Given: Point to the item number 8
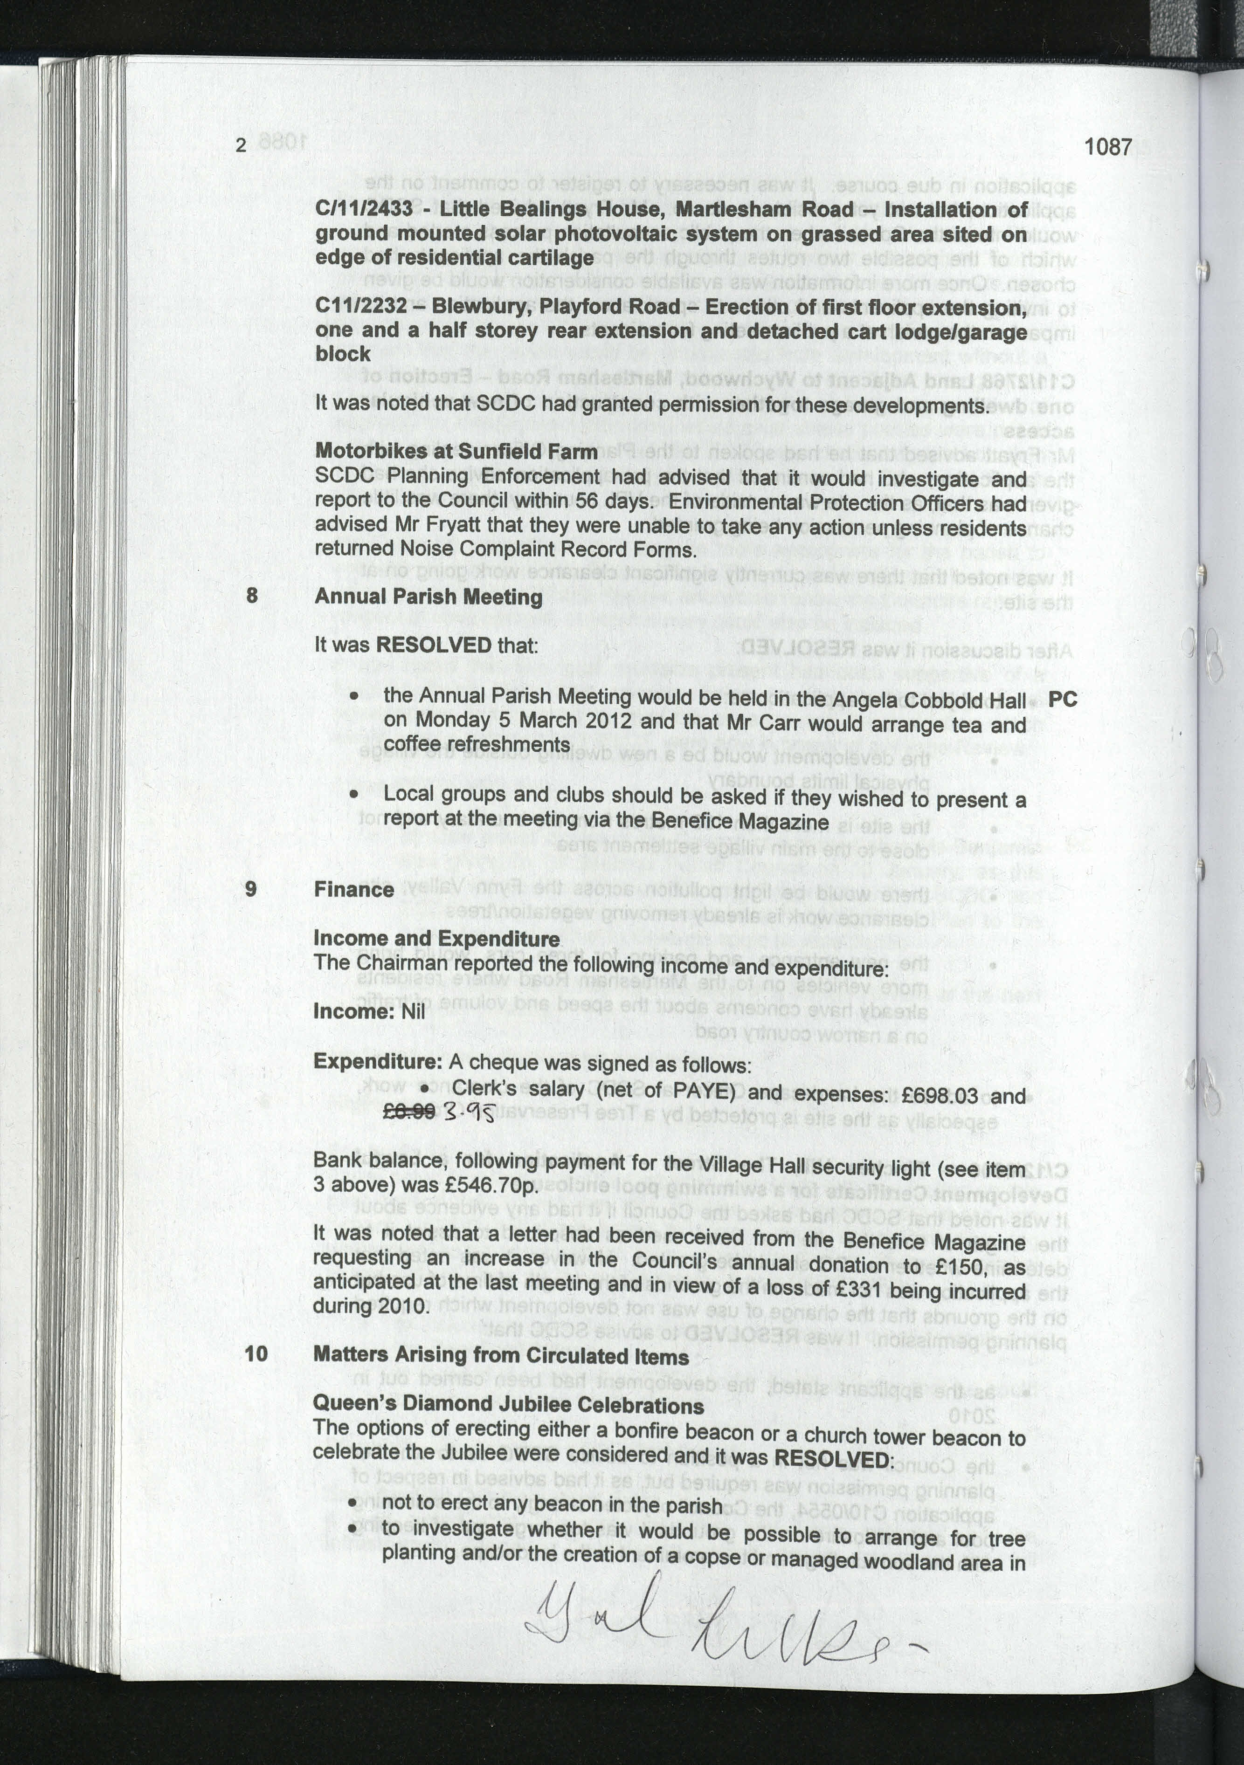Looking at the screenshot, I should (x=251, y=595).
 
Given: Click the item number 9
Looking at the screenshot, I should (x=251, y=889).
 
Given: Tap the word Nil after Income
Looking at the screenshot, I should (x=413, y=1011).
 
